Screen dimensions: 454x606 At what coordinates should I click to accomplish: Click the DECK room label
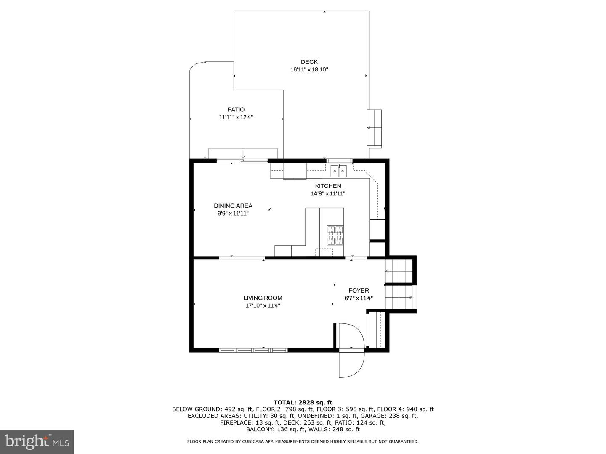pos(309,62)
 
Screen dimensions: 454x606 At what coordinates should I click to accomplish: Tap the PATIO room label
pos(236,110)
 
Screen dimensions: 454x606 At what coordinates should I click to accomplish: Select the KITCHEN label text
pos(328,186)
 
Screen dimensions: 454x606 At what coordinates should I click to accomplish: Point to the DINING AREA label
pos(233,206)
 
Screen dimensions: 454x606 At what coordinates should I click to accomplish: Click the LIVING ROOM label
pos(263,298)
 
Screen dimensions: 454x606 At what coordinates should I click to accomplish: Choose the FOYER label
pos(359,290)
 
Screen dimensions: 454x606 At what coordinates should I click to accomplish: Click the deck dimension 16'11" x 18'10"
pos(309,70)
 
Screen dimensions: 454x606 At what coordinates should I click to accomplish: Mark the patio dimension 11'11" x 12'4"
pos(236,117)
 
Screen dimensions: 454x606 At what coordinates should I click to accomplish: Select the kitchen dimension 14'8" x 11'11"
pos(328,194)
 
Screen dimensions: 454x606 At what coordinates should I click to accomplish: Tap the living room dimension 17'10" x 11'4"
pos(263,306)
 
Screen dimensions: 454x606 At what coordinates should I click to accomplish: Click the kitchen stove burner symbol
pos(335,235)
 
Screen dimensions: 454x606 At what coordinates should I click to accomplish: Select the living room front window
pos(253,350)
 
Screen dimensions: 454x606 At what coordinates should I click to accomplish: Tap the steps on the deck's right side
pos(374,128)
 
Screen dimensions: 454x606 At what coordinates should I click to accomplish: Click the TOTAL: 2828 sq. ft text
pos(303,402)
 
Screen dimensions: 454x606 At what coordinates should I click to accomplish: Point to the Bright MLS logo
pos(37,441)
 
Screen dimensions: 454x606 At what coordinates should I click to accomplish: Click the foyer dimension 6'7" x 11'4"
pos(359,298)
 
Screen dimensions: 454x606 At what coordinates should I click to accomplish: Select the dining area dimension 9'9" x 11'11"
pos(233,214)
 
